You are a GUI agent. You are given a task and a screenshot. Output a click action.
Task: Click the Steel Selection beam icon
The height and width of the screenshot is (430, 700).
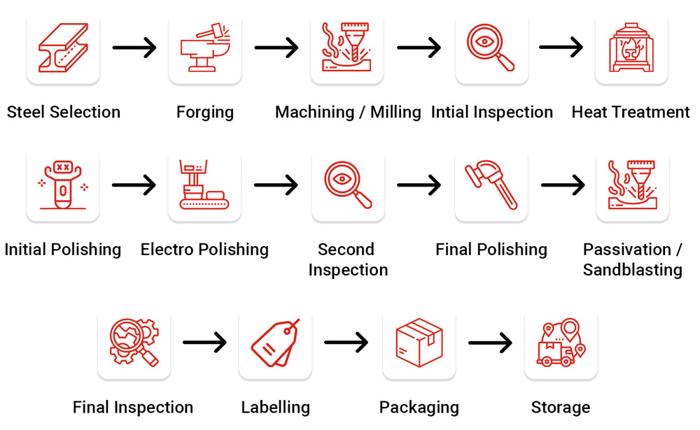pos(63,48)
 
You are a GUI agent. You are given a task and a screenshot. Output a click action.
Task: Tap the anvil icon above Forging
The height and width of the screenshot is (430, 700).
pos(205,48)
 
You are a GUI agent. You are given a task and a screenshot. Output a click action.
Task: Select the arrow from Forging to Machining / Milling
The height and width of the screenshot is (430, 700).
pos(276,48)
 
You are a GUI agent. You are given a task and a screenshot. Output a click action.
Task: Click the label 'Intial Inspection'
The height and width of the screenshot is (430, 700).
pos(492,112)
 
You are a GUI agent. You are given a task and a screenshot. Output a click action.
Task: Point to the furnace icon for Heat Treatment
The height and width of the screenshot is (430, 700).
pos(631,48)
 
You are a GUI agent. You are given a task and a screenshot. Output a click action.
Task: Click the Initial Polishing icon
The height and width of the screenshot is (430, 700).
pos(63,185)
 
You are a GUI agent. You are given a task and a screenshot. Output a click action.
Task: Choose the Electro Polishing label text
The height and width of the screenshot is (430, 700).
pos(204,250)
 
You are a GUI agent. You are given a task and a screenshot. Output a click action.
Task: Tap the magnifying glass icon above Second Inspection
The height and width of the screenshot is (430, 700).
pos(348,185)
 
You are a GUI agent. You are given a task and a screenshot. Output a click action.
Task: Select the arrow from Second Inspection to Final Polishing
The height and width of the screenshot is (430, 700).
pos(419,185)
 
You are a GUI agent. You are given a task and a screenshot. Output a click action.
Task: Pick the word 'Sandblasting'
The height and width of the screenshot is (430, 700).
pos(633,270)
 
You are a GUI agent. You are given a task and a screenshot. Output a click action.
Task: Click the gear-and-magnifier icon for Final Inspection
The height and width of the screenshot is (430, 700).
pos(134,343)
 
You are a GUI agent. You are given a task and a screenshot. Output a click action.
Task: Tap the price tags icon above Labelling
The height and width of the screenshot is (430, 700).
pos(275,343)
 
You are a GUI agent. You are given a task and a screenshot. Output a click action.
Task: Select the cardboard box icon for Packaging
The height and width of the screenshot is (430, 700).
pos(419,343)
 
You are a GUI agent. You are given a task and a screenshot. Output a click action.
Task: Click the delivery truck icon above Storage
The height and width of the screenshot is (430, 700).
pos(561,343)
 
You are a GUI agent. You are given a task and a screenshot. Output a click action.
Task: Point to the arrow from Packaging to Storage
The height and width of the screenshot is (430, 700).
pos(490,343)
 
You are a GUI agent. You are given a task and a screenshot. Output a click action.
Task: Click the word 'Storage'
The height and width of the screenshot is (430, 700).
pos(561,407)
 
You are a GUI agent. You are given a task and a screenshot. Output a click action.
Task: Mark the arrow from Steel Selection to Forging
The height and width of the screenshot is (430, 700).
pos(134,48)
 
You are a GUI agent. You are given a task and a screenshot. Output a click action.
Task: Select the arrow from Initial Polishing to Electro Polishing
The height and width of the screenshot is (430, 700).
pos(134,185)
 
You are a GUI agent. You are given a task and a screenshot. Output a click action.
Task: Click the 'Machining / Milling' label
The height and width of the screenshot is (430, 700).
pos(348,112)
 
